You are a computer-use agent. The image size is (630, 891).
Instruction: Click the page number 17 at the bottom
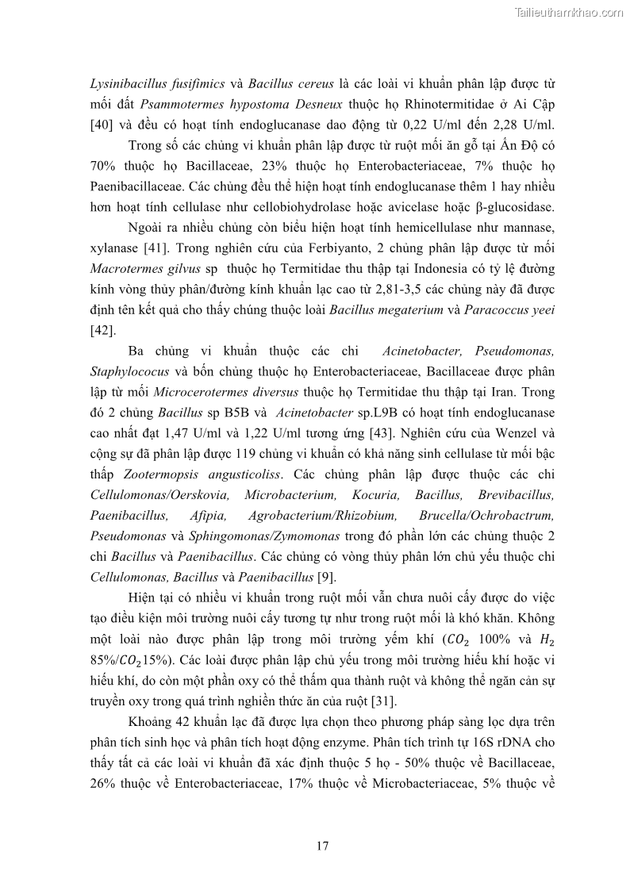tap(322, 845)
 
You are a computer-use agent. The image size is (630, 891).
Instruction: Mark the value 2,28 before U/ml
tap(497, 125)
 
